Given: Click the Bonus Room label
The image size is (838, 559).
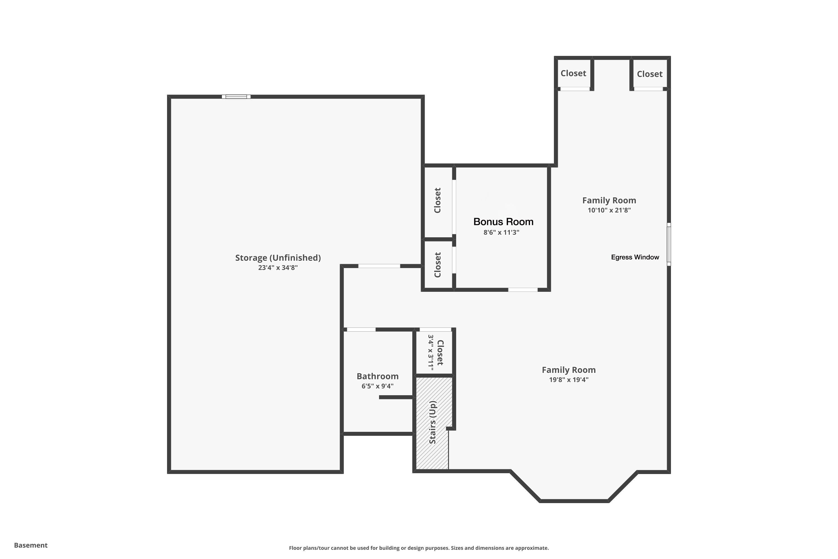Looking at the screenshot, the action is click(503, 222).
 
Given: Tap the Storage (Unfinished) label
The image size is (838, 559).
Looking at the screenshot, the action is click(278, 258).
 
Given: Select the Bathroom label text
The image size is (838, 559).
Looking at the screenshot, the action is click(377, 376).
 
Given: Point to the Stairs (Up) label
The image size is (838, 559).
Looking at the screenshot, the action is click(432, 422).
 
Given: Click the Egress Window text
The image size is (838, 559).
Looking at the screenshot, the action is click(635, 257).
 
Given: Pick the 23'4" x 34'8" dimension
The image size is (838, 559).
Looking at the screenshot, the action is click(278, 268).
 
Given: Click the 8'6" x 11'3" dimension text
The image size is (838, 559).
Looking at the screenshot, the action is click(501, 233).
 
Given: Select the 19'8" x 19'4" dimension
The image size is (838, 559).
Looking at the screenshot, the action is click(569, 380).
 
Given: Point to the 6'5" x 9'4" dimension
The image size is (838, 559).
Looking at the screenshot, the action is click(377, 386).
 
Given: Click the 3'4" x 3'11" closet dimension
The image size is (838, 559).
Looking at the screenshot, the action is click(431, 352).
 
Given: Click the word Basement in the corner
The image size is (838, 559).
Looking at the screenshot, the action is click(31, 545).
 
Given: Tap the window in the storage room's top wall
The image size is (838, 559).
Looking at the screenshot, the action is click(236, 97).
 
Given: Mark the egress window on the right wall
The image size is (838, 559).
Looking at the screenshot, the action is click(669, 244).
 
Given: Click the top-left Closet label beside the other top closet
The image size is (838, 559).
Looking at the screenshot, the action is click(573, 74).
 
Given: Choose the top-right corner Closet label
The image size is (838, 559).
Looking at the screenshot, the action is click(649, 74).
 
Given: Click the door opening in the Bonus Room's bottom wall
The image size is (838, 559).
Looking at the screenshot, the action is click(523, 290).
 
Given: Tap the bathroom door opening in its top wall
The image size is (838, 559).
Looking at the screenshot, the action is click(361, 330).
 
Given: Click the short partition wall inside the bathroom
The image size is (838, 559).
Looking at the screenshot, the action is click(396, 397).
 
